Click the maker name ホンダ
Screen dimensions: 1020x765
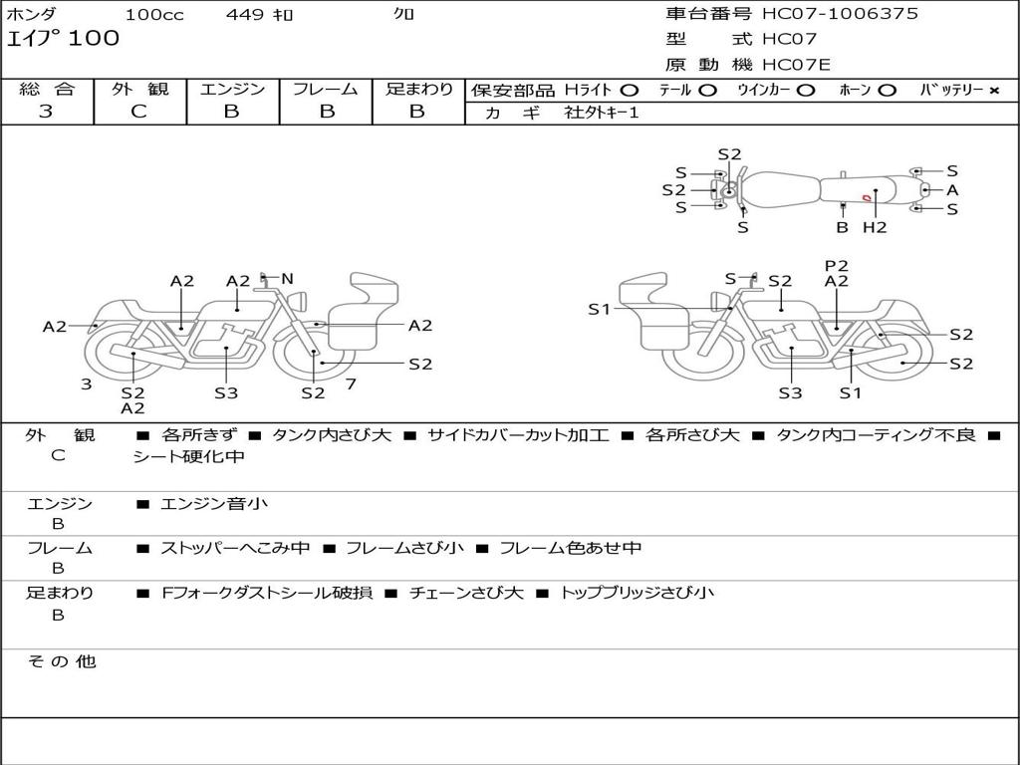[x=32, y=14]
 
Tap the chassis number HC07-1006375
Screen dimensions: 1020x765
[x=840, y=14]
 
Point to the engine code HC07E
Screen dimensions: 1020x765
[x=795, y=65]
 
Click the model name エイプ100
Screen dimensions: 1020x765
[x=63, y=39]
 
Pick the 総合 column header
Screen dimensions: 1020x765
[x=47, y=89]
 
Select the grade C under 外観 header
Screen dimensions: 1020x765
[x=138, y=112]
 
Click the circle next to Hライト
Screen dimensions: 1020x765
[x=630, y=90]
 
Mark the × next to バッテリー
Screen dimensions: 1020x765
[x=993, y=90]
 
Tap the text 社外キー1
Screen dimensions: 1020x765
[x=602, y=113]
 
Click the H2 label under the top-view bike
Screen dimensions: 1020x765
[x=875, y=227]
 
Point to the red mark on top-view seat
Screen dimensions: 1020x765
[x=867, y=198]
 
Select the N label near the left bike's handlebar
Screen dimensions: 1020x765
[x=287, y=279]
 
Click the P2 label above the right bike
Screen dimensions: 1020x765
[x=837, y=265]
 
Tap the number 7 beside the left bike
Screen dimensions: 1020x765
[x=351, y=383]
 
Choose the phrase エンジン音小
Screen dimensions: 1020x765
[x=214, y=504]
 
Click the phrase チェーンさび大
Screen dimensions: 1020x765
[x=466, y=593]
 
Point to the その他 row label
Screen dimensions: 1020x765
[x=61, y=661]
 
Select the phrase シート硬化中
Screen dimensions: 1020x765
[x=189, y=457]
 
